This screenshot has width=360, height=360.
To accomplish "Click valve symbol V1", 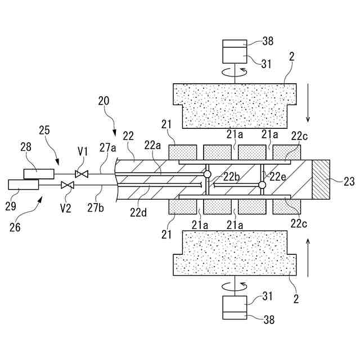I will coord(82,174).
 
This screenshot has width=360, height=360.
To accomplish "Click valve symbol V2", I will coord(67,185).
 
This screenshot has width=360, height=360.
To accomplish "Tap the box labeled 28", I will coord(39,173).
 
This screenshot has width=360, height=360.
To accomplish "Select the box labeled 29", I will coord(24,184).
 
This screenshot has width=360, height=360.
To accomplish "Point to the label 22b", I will coord(231,176).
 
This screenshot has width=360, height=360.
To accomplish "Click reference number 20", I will coord(103,101).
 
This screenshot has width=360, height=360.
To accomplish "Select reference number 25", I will coord(44,130).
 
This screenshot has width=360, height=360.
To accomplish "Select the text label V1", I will coord(83,152).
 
